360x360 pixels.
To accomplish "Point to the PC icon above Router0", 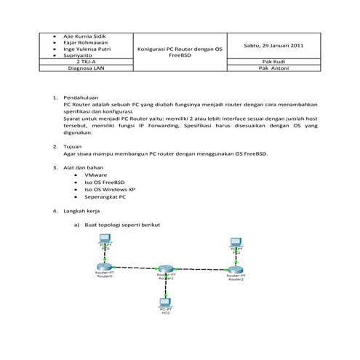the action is tap(106, 245).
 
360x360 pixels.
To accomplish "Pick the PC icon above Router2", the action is tap(235, 244).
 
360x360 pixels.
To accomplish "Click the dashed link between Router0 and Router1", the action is tap(137, 267).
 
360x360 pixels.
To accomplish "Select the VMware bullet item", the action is tap(96, 175).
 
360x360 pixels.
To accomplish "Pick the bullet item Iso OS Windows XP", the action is tap(108, 189).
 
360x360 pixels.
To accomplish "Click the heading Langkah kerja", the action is tap(81, 210).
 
